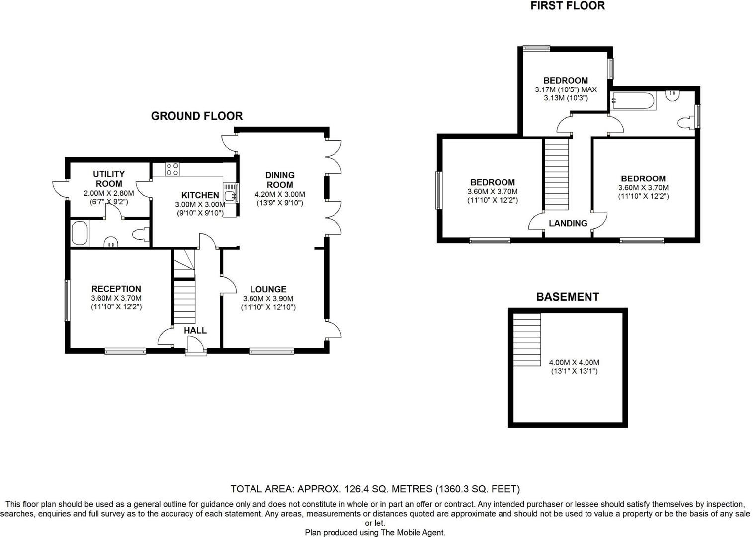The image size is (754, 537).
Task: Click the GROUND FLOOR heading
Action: [196, 116]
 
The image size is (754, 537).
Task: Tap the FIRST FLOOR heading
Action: [567, 6]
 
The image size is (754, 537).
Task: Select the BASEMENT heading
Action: [567, 297]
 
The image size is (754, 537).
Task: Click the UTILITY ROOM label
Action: [109, 179]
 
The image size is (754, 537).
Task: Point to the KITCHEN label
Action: [200, 195]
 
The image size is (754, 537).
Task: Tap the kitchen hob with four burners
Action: [172, 169]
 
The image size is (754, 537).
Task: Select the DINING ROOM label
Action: [280, 179]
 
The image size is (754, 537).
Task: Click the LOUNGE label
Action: [268, 289]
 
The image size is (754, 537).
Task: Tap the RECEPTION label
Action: [116, 289]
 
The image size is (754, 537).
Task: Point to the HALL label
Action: [195, 330]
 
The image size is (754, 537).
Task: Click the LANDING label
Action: [568, 223]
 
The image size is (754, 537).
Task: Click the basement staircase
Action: [527, 340]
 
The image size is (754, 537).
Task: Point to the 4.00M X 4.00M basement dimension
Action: [574, 362]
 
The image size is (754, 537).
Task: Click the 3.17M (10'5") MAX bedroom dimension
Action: [566, 89]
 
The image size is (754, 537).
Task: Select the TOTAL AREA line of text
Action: [375, 489]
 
